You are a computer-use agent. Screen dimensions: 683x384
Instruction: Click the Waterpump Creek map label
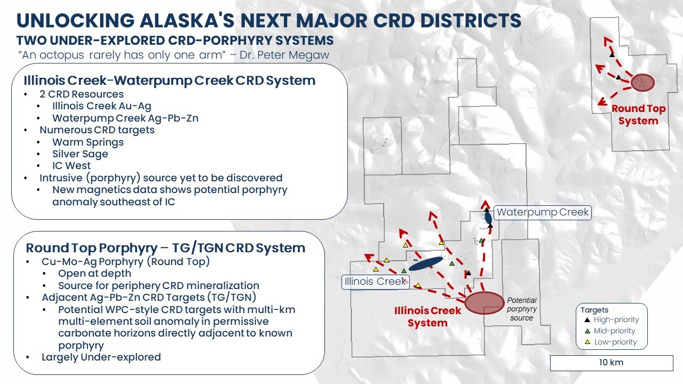(x=543, y=212)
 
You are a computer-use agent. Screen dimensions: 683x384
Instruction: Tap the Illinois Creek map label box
(x=375, y=282)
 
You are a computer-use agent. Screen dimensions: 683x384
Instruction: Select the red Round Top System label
(x=639, y=115)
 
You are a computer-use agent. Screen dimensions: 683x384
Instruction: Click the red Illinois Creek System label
(x=427, y=317)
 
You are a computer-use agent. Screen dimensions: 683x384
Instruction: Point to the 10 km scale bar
(x=611, y=363)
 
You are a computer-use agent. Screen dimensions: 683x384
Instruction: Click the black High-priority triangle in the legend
(x=587, y=320)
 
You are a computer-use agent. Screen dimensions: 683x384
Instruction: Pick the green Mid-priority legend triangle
(x=587, y=331)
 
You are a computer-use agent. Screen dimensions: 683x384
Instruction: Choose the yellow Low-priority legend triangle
(x=587, y=342)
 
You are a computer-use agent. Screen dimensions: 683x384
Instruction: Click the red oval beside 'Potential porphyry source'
(x=484, y=302)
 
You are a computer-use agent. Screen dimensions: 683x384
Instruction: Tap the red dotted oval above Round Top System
(x=642, y=83)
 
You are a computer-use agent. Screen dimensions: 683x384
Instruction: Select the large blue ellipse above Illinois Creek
(x=425, y=263)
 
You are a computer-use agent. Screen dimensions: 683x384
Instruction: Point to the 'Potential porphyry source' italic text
(x=522, y=309)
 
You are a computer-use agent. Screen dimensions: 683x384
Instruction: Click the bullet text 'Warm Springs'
(x=88, y=142)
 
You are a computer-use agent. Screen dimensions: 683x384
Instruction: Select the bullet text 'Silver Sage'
(x=80, y=154)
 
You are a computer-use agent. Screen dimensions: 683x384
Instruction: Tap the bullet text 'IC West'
(x=72, y=166)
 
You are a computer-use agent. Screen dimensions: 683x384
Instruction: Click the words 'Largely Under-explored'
(x=101, y=357)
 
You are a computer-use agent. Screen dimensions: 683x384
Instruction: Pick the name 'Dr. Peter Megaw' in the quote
(x=284, y=55)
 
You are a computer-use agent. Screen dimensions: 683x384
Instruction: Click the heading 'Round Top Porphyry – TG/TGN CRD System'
(x=165, y=248)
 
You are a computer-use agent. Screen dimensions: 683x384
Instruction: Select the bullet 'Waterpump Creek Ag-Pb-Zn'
(x=125, y=118)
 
